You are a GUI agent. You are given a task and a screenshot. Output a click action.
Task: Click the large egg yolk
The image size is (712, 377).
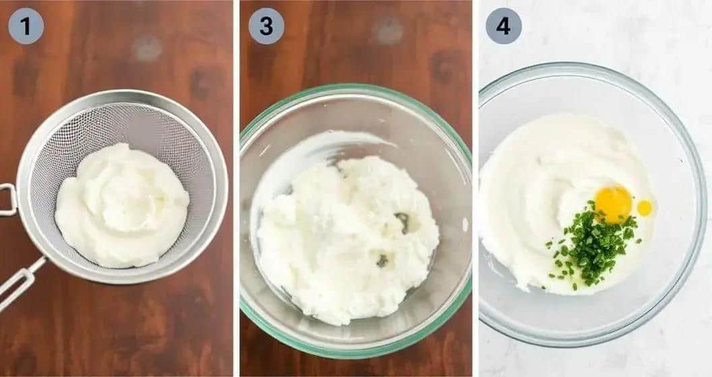pyautogui.click(x=613, y=203)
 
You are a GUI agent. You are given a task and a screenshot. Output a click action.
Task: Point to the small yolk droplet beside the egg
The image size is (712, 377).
pyautogui.click(x=645, y=207)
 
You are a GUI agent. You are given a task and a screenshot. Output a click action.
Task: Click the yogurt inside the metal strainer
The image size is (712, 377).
pyautogui.click(x=121, y=205)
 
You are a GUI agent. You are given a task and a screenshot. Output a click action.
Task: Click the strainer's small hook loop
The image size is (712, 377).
pyautogui.click(x=7, y=200)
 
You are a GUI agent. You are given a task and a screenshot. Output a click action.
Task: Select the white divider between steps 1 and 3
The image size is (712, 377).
pyautogui.click(x=236, y=188)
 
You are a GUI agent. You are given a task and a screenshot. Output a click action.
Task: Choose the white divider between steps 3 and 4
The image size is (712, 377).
pyautogui.click(x=475, y=188)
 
